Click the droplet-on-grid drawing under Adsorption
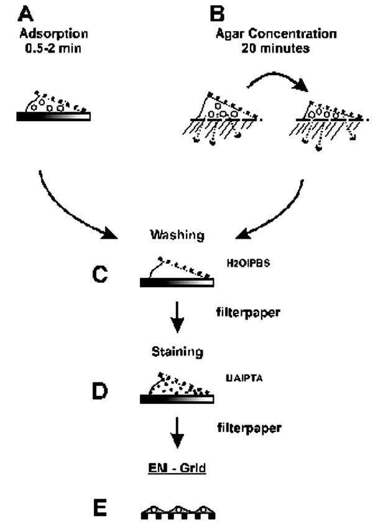(54, 109)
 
